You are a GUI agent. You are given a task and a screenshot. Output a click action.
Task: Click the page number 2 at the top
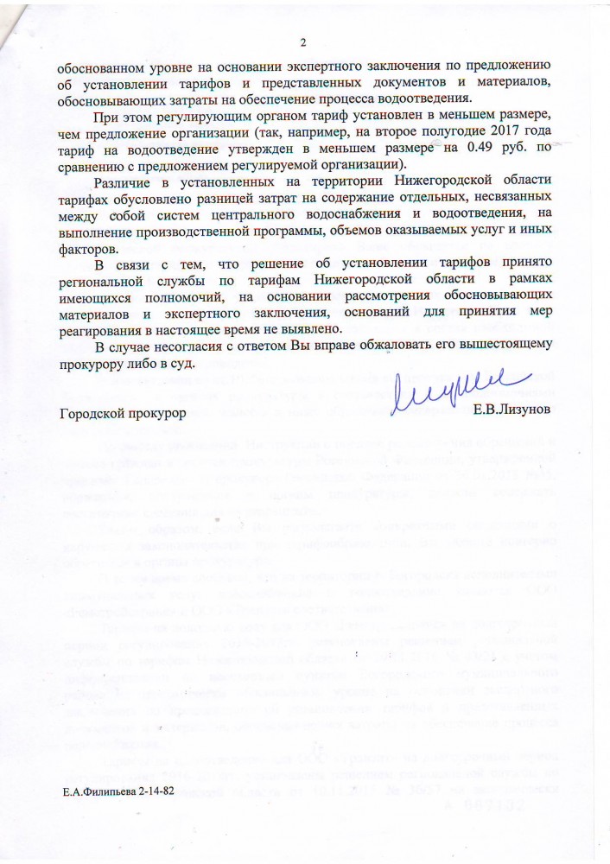303,43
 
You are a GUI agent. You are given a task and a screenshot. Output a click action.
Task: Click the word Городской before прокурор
94,412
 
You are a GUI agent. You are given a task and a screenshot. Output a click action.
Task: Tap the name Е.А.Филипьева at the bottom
96,791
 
